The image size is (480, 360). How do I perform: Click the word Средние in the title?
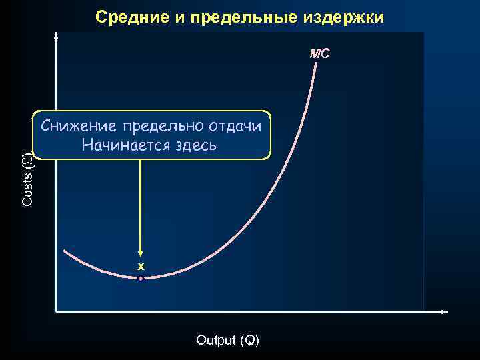point(131,17)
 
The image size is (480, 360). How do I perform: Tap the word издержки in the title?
point(351,17)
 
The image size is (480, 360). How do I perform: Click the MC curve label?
point(320,53)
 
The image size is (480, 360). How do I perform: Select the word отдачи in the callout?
point(237,126)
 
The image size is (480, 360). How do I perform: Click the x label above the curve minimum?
point(141,267)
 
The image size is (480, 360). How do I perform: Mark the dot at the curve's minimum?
point(141,278)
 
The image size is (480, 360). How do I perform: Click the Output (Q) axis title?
point(228,340)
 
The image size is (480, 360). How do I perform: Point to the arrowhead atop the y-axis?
point(56,33)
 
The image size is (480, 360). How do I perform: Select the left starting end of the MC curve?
point(65,251)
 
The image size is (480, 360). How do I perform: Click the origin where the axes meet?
point(56,311)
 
